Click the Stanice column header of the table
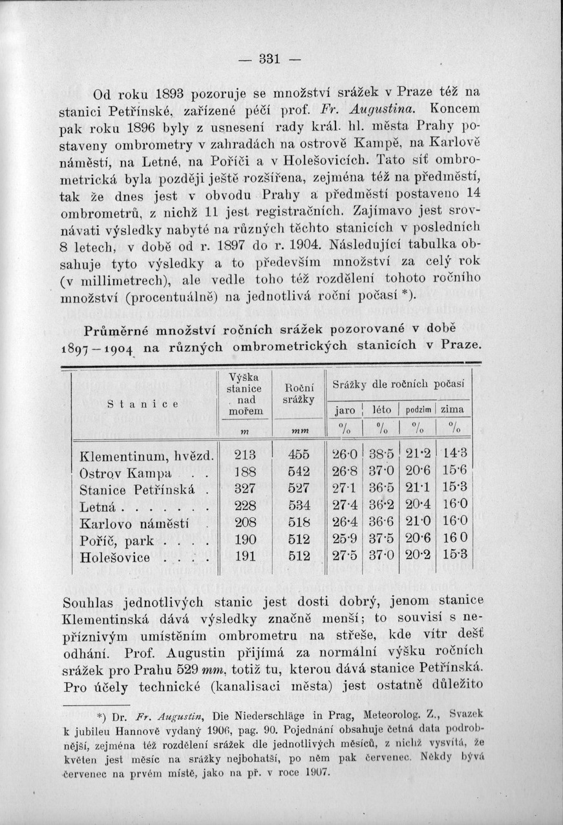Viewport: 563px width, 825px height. click(143, 404)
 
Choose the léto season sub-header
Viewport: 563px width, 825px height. click(383, 410)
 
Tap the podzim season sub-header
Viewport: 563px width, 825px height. click(420, 411)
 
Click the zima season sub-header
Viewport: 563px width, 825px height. click(453, 410)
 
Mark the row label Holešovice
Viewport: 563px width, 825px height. click(115, 557)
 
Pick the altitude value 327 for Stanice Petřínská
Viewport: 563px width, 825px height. click(244, 489)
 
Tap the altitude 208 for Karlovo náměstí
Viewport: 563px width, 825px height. click(244, 523)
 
